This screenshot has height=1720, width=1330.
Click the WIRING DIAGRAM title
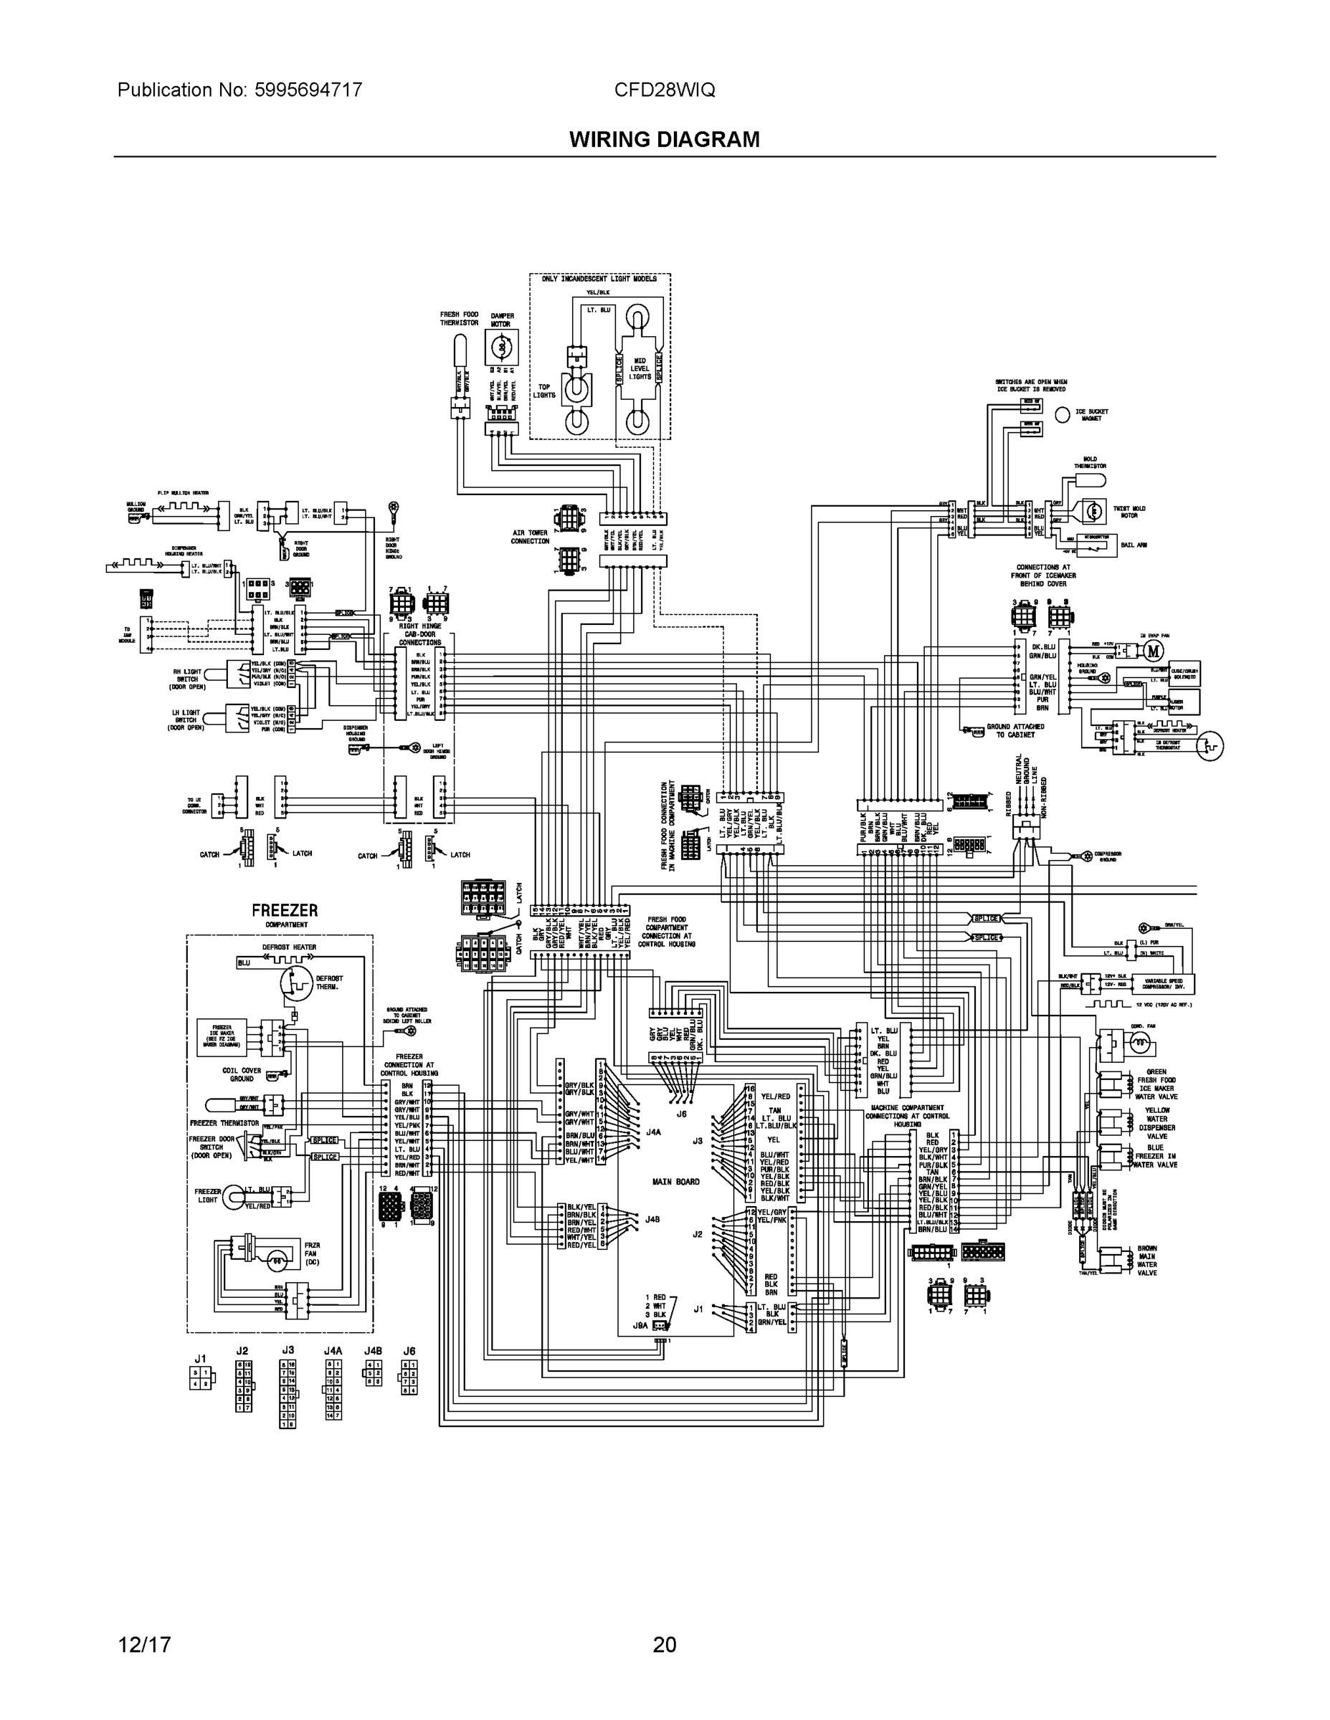click(664, 140)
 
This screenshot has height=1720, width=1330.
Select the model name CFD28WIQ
click(664, 90)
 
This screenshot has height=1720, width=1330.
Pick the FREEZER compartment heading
click(285, 910)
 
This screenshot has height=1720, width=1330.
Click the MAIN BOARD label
click(675, 1181)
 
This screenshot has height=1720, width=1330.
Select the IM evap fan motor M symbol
click(1154, 651)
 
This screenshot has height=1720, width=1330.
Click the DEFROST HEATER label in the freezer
click(289, 947)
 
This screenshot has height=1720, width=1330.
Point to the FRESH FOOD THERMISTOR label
click(459, 318)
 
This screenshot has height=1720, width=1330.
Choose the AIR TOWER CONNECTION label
click(529, 537)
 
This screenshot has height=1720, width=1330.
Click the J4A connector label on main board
click(653, 1132)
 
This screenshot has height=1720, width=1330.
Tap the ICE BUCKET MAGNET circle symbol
click(1062, 415)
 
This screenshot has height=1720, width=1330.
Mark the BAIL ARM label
click(1134, 545)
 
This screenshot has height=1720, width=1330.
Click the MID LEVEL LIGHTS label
click(640, 368)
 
